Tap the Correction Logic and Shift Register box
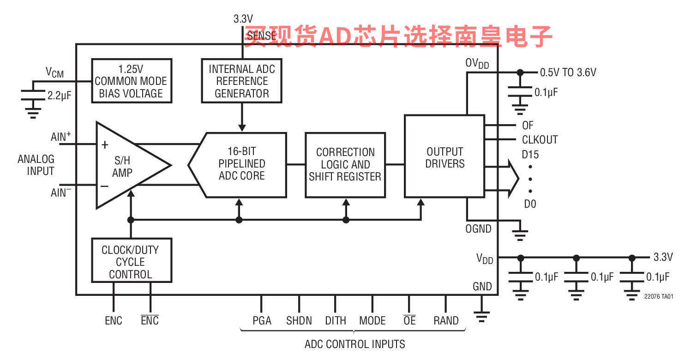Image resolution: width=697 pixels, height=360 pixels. click(x=345, y=165)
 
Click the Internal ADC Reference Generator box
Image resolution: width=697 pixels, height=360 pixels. click(x=241, y=81)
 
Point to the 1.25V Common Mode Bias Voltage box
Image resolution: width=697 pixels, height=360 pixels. click(x=132, y=81)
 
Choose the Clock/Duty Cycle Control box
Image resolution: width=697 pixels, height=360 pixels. click(x=132, y=261)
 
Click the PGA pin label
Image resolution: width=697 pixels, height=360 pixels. click(x=262, y=321)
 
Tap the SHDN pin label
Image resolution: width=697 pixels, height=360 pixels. click(x=299, y=321)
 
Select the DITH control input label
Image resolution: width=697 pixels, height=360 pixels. click(x=336, y=321)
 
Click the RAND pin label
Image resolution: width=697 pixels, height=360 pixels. click(x=446, y=321)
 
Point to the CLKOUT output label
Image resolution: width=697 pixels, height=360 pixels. click(x=540, y=140)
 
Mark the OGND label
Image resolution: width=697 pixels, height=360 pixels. click(x=478, y=229)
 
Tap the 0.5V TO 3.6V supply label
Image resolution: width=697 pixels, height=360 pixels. click(x=568, y=72)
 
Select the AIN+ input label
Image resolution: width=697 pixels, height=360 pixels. click(x=61, y=137)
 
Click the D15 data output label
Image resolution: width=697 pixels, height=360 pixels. click(x=530, y=155)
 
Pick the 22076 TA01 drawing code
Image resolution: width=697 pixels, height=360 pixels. click(x=659, y=297)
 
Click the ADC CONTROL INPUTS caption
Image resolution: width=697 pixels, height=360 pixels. click(x=355, y=344)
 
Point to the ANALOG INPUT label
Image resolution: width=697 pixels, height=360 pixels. click(x=36, y=165)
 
